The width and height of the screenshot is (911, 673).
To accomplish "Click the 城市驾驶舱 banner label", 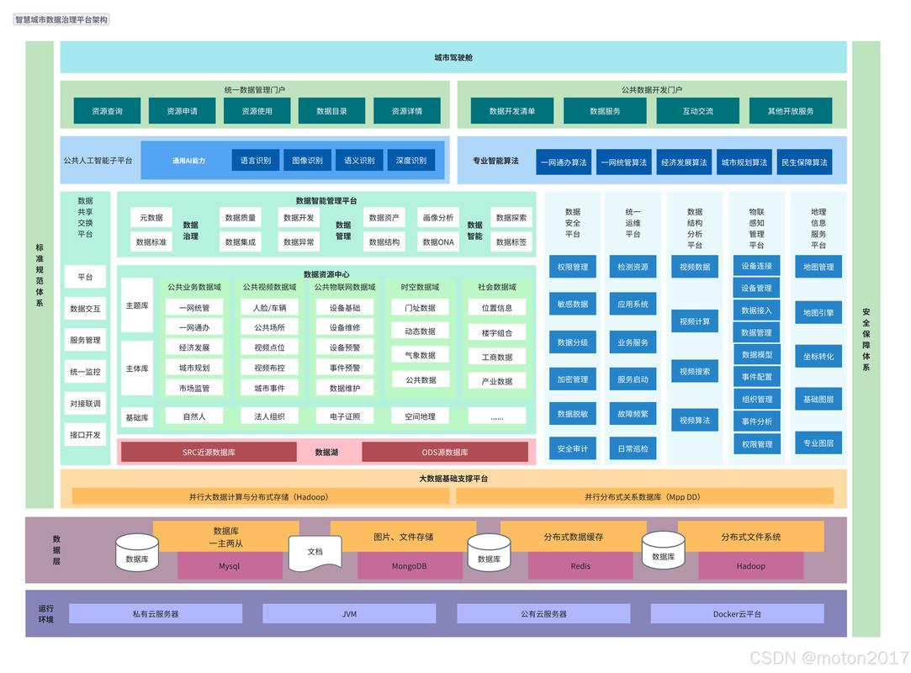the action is point(453,57).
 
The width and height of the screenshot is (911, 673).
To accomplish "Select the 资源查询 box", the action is point(107,111).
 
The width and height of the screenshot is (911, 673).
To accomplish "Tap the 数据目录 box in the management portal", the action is point(331,111).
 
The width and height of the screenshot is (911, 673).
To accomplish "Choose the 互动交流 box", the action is point(698,111).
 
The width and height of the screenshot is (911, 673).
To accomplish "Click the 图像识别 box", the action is point(307,161).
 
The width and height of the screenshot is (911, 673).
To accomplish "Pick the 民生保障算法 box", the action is point(804,162).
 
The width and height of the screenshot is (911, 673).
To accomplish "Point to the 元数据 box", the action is point(151,217).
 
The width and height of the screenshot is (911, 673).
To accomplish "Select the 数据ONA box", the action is point(438,241).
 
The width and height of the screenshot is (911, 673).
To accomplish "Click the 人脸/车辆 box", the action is point(269,307).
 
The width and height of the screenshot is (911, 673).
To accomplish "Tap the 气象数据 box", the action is point(420,355).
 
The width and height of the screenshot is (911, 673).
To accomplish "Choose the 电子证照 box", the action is point(345,416).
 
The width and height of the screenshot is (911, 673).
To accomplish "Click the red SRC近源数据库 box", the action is point(209,452).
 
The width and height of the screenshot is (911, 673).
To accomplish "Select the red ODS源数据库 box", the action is point(445,452).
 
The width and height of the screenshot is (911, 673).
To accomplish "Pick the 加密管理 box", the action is point(573,379).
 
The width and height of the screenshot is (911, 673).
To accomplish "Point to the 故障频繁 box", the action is point(633,414).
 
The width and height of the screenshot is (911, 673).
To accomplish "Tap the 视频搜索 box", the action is point(695,371).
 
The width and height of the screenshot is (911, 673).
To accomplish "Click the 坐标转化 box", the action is point(818,356).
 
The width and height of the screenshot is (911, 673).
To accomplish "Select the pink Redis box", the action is point(580,565).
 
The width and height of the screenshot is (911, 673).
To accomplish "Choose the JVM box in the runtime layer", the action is point(349,614).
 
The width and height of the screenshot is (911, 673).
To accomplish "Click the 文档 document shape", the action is point(315,551).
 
